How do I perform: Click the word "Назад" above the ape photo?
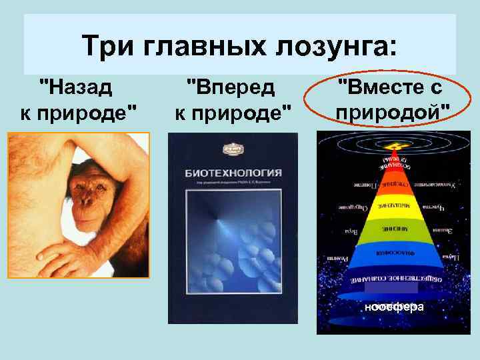(x=77, y=87)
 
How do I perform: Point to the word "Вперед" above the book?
(x=229, y=87)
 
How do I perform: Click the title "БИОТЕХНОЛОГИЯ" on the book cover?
(x=233, y=173)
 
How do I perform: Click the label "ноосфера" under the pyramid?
(x=394, y=307)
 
